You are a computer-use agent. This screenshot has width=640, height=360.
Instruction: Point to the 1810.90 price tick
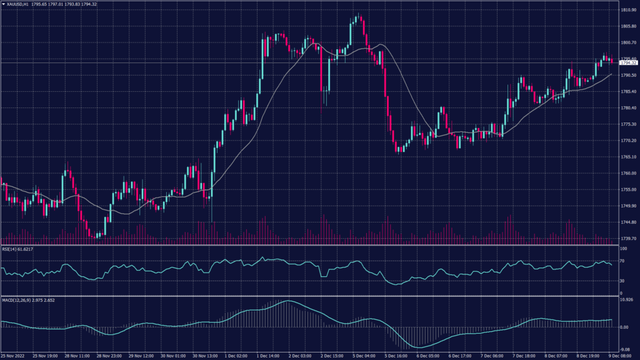click(x=627, y=11)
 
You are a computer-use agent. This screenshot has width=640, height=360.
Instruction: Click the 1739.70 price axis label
click(x=627, y=239)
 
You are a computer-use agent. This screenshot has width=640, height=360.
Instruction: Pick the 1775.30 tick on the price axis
click(x=627, y=124)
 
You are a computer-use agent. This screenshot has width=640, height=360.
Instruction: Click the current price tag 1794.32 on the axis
click(x=628, y=63)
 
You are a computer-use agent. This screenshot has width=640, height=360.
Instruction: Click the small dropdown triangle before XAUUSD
click(x=3, y=4)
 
